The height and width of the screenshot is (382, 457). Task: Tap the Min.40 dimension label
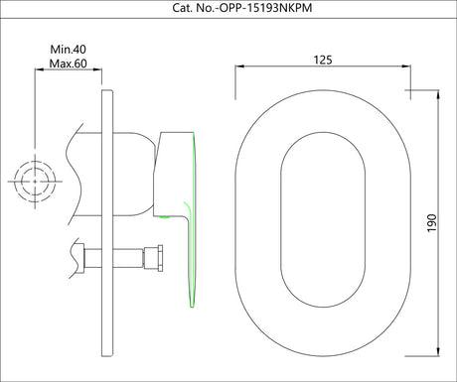(68, 49)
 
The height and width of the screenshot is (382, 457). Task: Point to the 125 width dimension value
(322, 60)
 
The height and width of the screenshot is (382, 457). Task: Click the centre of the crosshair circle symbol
(36, 180)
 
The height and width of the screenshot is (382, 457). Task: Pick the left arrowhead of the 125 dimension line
(238, 67)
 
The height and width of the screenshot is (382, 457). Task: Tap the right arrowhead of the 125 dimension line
(407, 67)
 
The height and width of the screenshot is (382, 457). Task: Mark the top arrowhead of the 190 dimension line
(437, 96)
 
